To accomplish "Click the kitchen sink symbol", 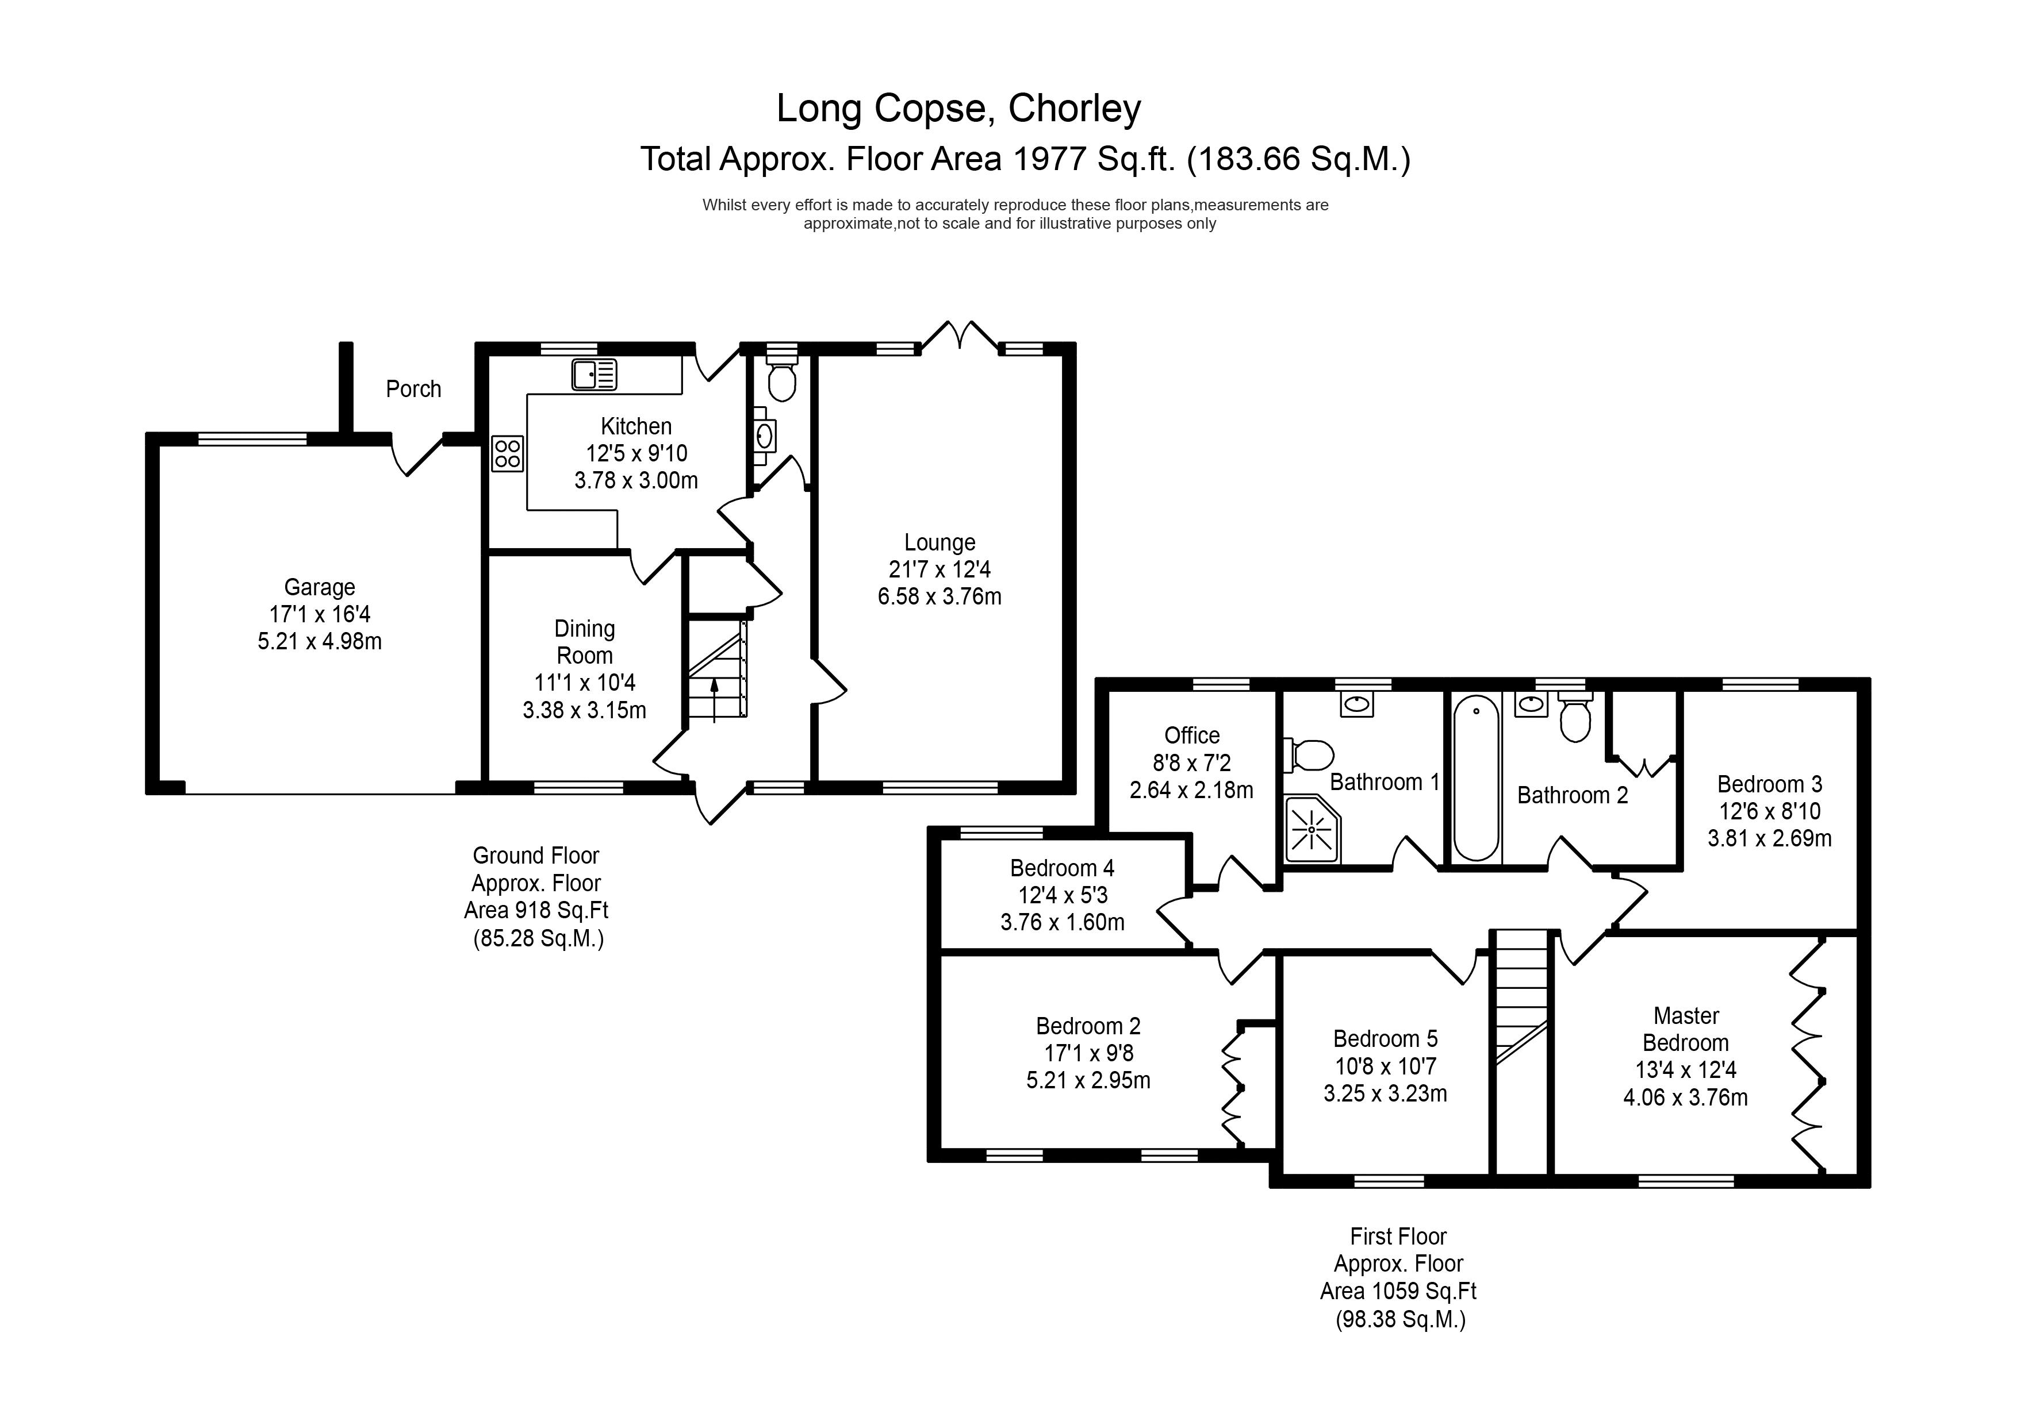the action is click(594, 375).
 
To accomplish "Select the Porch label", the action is click(413, 389).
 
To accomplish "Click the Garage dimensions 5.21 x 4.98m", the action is click(319, 642).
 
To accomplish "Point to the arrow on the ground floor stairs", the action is click(714, 699).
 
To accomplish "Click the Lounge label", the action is click(939, 542).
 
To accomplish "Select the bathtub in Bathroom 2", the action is click(1475, 778).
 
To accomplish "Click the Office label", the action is click(1191, 735).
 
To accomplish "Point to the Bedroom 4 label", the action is click(1061, 868).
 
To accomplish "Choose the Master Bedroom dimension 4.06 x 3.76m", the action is click(1685, 1097).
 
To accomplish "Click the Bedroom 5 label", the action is click(1385, 1039).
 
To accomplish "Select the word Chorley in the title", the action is click(1075, 109).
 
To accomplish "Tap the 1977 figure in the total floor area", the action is click(1049, 160).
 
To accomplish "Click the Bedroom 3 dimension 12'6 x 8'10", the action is click(1769, 811).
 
